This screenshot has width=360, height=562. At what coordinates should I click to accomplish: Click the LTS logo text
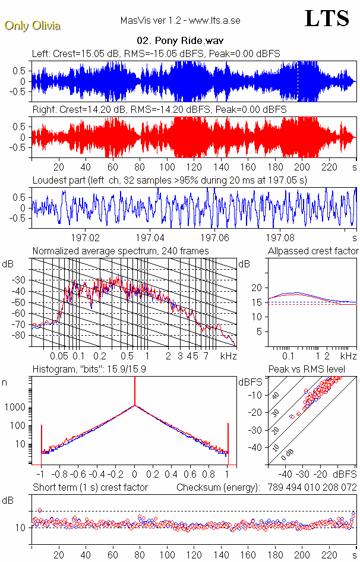(x=327, y=18)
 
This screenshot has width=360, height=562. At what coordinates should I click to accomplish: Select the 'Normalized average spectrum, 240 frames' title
(x=121, y=251)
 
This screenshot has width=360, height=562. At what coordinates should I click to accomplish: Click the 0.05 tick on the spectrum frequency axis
(x=59, y=356)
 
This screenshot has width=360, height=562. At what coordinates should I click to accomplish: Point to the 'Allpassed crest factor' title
(x=313, y=251)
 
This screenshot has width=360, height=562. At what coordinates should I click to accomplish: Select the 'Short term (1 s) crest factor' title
(x=90, y=488)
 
